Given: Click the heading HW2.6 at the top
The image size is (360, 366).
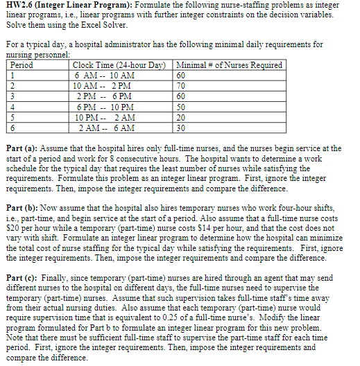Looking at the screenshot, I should click(21, 8).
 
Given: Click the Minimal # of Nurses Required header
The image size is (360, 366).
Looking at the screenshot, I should click(231, 65).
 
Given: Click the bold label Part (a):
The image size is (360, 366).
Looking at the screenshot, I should click(23, 148).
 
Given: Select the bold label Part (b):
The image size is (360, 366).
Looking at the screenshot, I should click(23, 207).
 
